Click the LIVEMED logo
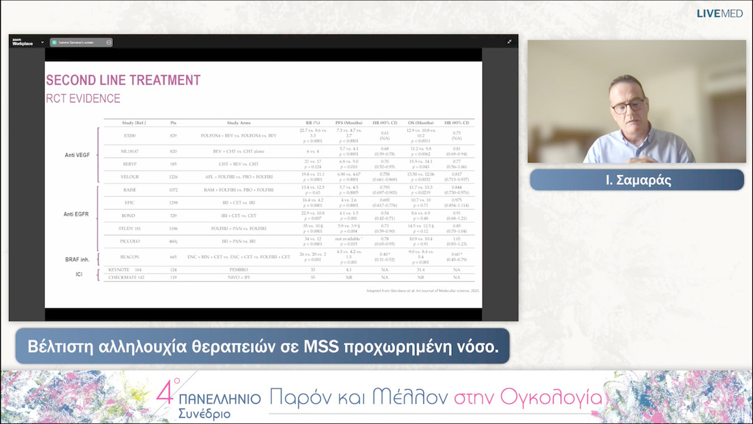coord(720,13)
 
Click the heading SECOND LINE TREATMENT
coord(123,80)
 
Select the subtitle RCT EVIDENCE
coord(83,98)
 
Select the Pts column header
coord(173,123)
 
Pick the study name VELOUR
coord(130,177)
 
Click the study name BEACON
coord(130,257)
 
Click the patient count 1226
coord(173,177)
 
